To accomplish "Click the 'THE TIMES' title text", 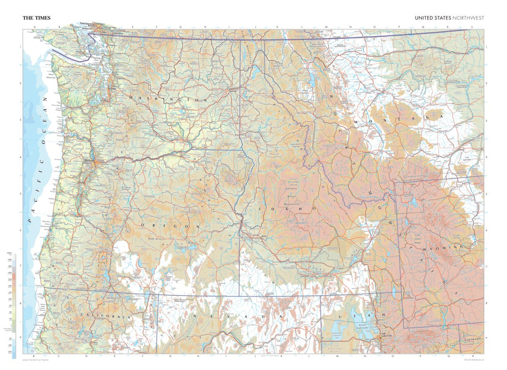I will (x=36, y=18).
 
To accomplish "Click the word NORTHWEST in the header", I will (x=468, y=18).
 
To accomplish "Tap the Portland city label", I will (x=88, y=161).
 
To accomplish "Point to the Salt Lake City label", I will (x=387, y=335).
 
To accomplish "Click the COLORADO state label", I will (x=472, y=340).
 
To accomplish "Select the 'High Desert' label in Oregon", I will (x=155, y=239).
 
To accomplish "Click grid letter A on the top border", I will (x=35, y=27).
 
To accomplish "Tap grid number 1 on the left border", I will (x=20, y=47).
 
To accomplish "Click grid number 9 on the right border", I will (x=487, y=337).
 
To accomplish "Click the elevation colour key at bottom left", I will (x=14, y=304).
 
